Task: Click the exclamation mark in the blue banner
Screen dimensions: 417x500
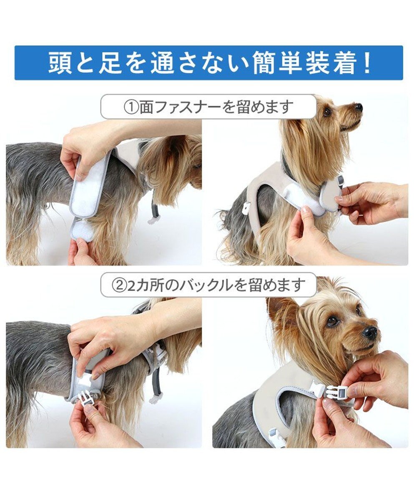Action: pyautogui.click(x=367, y=63)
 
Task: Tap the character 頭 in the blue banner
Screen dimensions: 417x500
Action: pyautogui.click(x=60, y=63)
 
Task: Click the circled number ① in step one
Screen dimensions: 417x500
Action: pyautogui.click(x=131, y=107)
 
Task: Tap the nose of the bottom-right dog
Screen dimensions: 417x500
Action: pyautogui.click(x=371, y=332)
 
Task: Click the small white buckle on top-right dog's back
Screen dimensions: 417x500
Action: pyautogui.click(x=246, y=207)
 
